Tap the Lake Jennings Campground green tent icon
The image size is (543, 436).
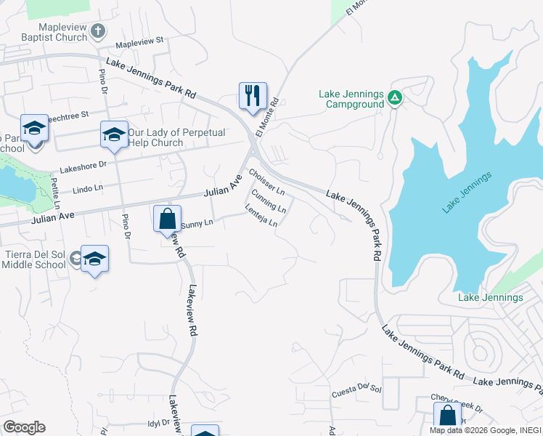tap(394, 97)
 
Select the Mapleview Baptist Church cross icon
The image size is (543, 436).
tap(99, 31)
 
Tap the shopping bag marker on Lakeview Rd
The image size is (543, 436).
tap(168, 219)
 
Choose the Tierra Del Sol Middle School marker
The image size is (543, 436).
tap(94, 259)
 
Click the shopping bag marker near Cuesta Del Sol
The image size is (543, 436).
tap(447, 416)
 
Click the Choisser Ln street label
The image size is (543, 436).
tap(266, 182)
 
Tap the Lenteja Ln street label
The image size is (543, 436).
tap(261, 218)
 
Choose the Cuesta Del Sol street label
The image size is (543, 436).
tap(356, 391)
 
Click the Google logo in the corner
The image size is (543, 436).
tap(23, 427)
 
